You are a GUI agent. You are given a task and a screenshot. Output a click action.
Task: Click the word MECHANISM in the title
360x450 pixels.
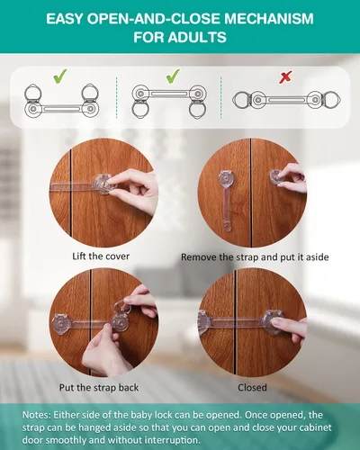click(x=269, y=19)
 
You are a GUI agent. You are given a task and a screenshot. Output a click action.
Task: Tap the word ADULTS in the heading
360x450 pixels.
click(x=197, y=38)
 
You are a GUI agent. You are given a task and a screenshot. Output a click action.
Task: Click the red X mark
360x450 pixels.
click(x=285, y=77)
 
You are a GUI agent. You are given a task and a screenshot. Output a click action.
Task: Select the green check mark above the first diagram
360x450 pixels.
click(x=60, y=76)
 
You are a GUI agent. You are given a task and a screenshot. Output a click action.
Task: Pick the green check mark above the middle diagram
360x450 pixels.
click(x=173, y=76)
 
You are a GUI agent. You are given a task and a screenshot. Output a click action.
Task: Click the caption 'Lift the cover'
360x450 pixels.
click(x=101, y=256)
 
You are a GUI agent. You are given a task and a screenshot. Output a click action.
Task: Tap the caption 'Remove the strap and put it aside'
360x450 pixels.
click(x=255, y=257)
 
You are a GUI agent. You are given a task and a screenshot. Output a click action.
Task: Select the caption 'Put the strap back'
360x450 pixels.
click(x=99, y=387)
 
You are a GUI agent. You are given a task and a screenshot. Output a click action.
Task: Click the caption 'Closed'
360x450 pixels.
click(x=252, y=387)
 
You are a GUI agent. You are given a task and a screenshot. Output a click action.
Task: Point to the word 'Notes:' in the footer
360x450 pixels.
click(x=37, y=415)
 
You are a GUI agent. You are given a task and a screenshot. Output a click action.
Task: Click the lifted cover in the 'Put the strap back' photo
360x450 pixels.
click(x=122, y=307)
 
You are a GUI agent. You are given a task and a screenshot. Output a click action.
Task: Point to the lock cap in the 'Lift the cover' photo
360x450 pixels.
click(x=103, y=184)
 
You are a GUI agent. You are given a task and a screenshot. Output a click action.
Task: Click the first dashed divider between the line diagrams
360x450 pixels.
click(x=116, y=97)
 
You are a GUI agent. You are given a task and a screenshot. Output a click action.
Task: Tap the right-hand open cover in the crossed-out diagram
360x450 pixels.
click(x=332, y=100)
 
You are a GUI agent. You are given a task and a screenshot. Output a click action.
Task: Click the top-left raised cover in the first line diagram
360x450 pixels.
click(x=32, y=94)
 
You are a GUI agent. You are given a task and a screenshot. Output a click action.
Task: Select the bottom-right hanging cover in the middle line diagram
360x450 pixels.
click(x=197, y=110)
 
